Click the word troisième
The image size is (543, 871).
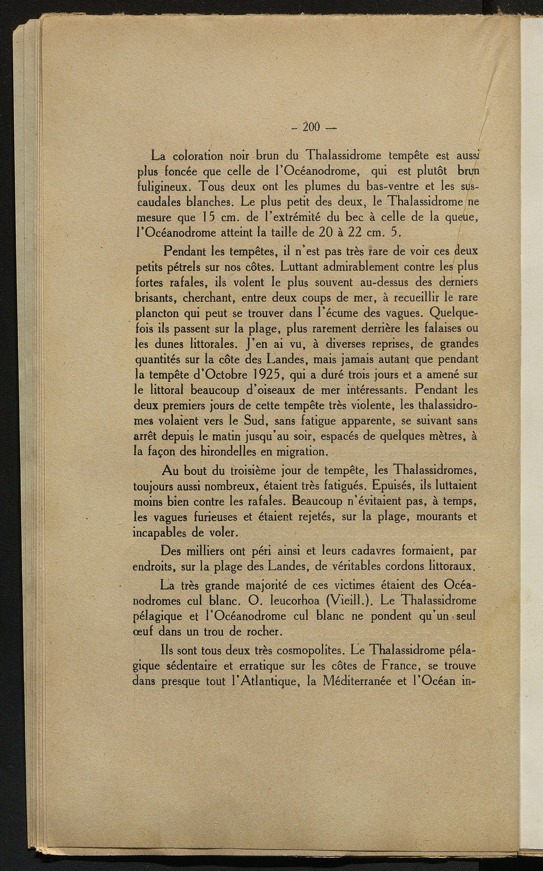coord(251,470)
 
